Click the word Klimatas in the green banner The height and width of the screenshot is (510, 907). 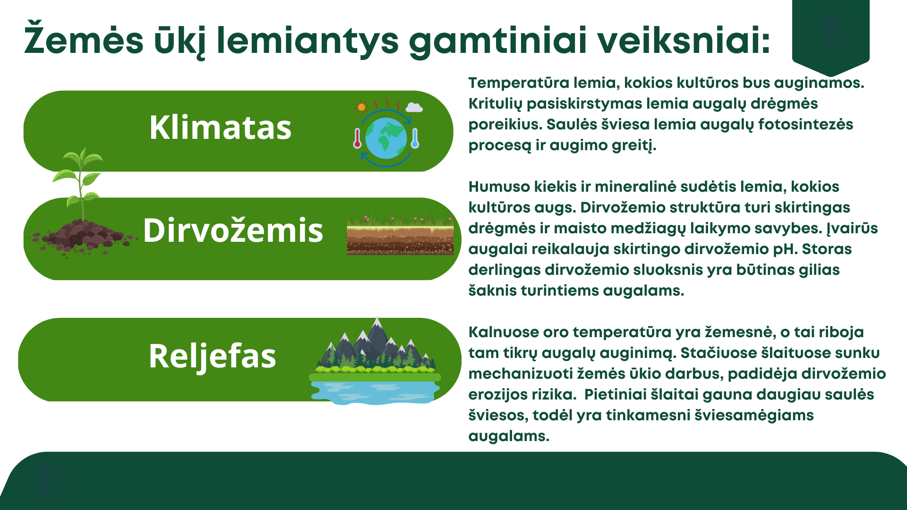click(x=221, y=127)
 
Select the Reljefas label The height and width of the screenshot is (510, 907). click(x=212, y=356)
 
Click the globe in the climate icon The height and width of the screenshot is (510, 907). click(x=386, y=138)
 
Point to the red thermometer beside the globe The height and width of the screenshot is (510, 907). click(x=357, y=138)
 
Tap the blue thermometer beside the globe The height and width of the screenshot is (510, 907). click(x=415, y=138)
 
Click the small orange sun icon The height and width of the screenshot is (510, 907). click(x=361, y=107)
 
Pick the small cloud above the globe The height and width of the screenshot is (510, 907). click(x=414, y=107)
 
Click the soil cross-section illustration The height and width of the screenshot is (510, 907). click(x=400, y=234)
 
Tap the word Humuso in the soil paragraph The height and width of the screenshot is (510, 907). click(x=499, y=187)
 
